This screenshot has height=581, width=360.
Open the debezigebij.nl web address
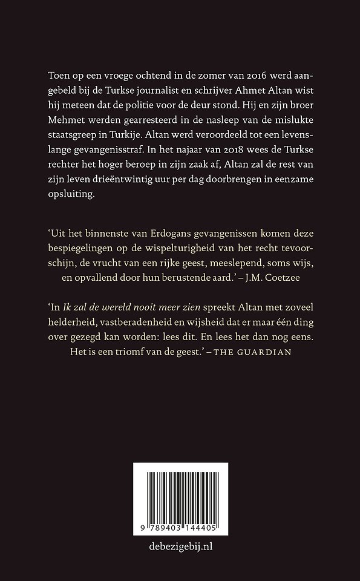[180, 547]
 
